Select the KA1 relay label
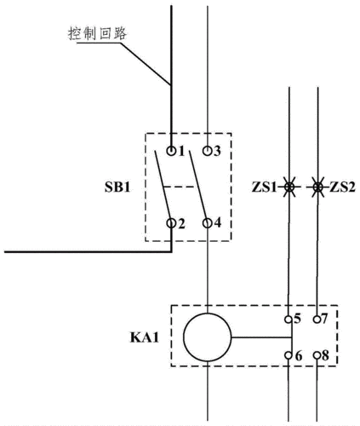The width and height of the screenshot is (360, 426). [146, 337]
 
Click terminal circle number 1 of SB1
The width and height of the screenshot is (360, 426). [172, 151]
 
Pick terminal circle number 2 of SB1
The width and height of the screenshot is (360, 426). [172, 224]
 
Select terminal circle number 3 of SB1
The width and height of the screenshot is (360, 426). [208, 151]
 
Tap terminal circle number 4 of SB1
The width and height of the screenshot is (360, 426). [208, 224]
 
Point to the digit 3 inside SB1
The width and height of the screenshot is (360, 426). [218, 151]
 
